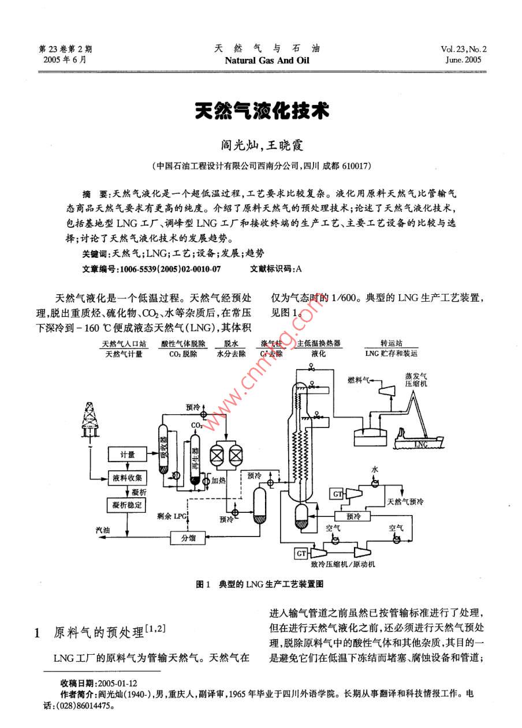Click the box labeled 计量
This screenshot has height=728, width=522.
pyautogui.click(x=128, y=455)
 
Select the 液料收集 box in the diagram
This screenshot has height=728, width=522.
pyautogui.click(x=128, y=478)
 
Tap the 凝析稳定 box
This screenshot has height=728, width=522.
pyautogui.click(x=128, y=505)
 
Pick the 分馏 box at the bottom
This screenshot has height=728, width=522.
pyautogui.click(x=188, y=538)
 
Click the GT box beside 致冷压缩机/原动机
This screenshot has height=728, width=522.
pyautogui.click(x=301, y=553)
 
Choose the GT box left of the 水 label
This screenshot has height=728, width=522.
pyautogui.click(x=337, y=493)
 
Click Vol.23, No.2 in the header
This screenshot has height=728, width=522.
pyautogui.click(x=463, y=50)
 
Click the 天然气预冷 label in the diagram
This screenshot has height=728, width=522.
pyautogui.click(x=406, y=502)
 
